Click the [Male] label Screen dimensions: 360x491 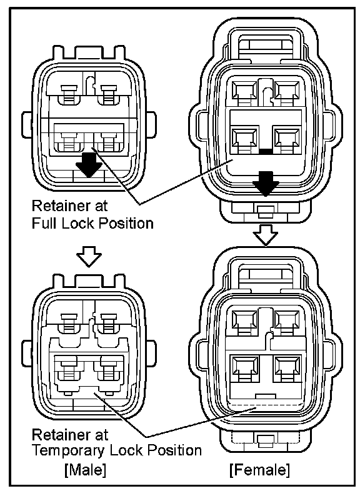(x=85, y=470)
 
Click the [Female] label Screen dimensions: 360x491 (x=260, y=470)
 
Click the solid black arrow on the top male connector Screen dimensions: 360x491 (x=89, y=165)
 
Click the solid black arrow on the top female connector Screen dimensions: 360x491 (x=266, y=184)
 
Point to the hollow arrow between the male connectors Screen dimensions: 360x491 (x=89, y=256)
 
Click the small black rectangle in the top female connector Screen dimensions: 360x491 (x=266, y=152)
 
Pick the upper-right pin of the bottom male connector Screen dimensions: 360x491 (x=108, y=323)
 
